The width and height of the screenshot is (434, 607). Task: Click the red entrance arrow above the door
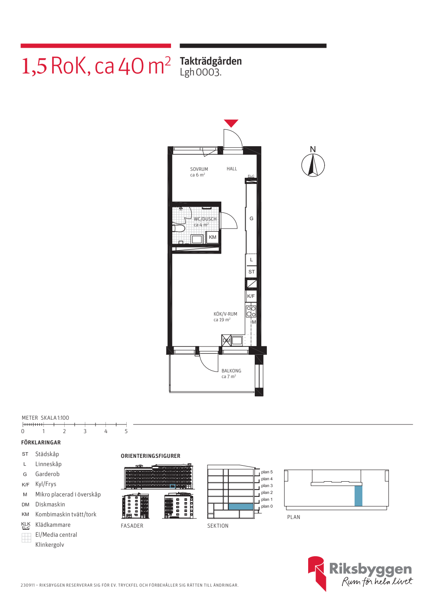click(x=231, y=123)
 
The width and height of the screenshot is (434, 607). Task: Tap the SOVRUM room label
click(x=199, y=169)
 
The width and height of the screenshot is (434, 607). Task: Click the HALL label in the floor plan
click(x=232, y=169)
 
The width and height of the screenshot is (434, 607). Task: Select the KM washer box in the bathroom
click(x=212, y=237)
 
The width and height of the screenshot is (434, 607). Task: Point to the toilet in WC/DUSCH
click(x=178, y=228)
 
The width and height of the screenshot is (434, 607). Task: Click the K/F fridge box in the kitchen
click(x=251, y=296)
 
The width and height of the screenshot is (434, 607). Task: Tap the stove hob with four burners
click(x=251, y=311)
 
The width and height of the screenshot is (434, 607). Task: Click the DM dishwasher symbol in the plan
click(x=226, y=340)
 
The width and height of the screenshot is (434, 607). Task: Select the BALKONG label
click(x=231, y=371)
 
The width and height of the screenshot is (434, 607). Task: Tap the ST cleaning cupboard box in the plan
click(x=251, y=271)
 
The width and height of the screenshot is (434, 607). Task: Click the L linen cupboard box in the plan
click(x=251, y=260)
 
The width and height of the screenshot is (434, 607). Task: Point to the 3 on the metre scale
click(x=85, y=431)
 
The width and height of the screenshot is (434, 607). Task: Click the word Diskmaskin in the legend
click(x=50, y=504)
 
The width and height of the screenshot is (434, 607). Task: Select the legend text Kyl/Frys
click(x=46, y=484)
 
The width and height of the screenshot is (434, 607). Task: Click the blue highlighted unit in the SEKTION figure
click(x=240, y=506)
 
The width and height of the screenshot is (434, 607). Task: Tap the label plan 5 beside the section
click(x=266, y=472)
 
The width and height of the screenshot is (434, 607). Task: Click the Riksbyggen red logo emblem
click(x=316, y=574)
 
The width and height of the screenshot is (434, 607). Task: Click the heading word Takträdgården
click(x=211, y=61)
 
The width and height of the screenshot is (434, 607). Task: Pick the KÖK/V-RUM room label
click(x=225, y=314)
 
